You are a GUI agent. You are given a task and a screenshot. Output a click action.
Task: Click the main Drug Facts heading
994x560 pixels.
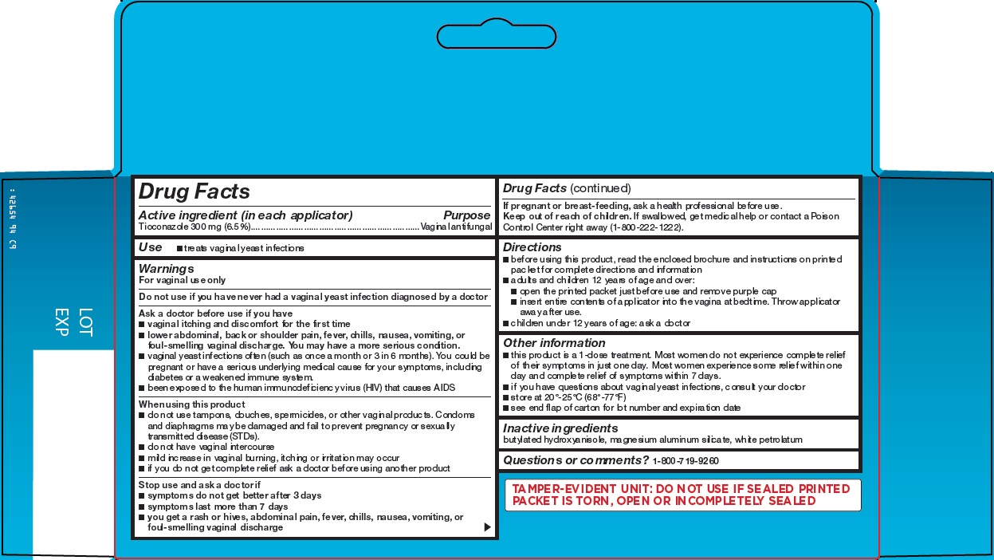pyautogui.click(x=194, y=191)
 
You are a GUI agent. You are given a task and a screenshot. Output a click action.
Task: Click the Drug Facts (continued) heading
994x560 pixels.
pyautogui.click(x=566, y=188)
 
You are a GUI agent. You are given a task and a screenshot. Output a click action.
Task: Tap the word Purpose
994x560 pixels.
pyautogui.click(x=466, y=215)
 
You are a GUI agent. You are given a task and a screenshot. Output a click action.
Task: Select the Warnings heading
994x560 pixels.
pyautogui.click(x=166, y=269)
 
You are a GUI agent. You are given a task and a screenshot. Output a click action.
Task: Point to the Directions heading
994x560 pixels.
pyautogui.click(x=532, y=247)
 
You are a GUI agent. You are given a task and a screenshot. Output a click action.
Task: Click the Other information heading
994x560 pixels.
pyautogui.click(x=554, y=343)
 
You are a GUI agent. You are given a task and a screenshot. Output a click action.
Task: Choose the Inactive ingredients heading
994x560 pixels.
pyautogui.click(x=560, y=428)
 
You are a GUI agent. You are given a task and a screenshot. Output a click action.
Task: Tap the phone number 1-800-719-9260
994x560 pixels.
pyautogui.click(x=686, y=461)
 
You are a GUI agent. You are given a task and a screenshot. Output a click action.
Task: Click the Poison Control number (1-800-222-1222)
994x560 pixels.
pyautogui.click(x=646, y=227)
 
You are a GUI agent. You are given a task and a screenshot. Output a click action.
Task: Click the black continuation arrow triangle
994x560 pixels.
pyautogui.click(x=487, y=527)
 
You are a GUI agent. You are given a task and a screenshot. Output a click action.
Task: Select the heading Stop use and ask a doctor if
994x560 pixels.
pyautogui.click(x=199, y=485)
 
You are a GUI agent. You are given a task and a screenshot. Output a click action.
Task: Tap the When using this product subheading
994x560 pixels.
pyautogui.click(x=191, y=404)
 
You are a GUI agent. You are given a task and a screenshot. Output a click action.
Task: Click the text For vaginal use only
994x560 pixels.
pyautogui.click(x=182, y=281)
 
